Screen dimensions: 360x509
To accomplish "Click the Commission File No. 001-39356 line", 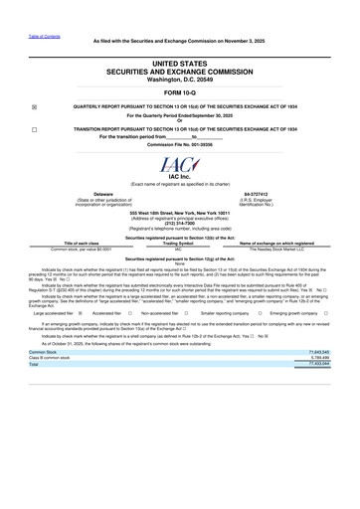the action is point(180,144).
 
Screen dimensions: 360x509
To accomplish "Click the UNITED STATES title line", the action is point(180,62).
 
